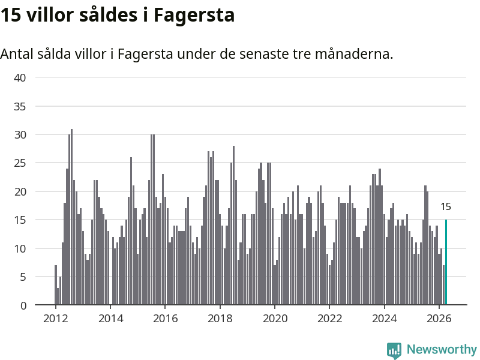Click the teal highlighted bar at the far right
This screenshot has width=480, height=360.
[x=446, y=262]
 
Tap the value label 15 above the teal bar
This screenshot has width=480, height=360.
[x=446, y=206]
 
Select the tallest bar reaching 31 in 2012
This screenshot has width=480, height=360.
[x=71, y=217]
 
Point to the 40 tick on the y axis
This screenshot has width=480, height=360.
[x=20, y=78]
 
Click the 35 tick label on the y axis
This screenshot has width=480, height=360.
[x=20, y=107]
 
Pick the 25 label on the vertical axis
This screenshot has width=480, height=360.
[x=20, y=163]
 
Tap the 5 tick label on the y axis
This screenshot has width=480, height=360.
[x=23, y=277]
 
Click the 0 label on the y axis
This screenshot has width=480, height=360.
[x=23, y=305]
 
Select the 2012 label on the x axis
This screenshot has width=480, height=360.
[x=55, y=319]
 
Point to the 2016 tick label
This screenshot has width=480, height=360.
[x=166, y=319]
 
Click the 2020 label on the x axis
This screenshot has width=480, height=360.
[x=275, y=319]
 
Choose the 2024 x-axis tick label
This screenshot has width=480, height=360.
[x=384, y=319]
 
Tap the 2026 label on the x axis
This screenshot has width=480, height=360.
[x=439, y=319]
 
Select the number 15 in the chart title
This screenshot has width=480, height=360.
[x=10, y=14]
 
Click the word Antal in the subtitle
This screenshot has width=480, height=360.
[x=17, y=54]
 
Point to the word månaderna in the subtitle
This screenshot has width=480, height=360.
[x=354, y=54]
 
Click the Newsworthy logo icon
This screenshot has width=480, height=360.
[x=394, y=350]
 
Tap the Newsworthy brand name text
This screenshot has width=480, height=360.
[x=442, y=349]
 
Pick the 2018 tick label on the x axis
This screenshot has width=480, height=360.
[x=220, y=319]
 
